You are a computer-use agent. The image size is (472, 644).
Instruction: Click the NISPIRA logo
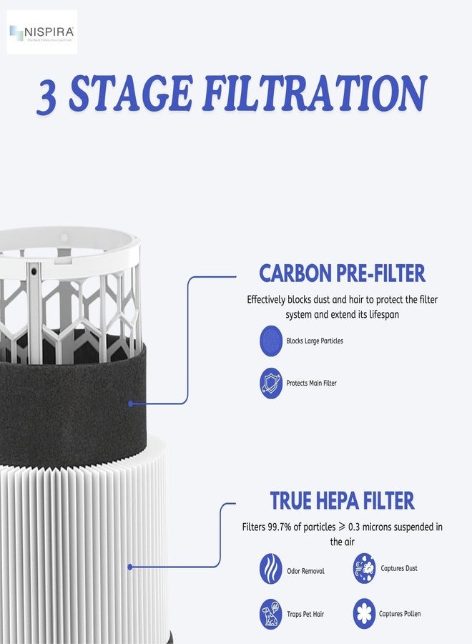[41, 32]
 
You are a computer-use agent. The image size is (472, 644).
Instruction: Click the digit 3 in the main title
[48, 97]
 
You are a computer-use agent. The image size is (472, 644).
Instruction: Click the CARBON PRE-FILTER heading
[342, 273]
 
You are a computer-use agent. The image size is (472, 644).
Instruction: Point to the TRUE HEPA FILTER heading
[342, 500]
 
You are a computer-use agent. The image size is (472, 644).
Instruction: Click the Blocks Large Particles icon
[271, 341]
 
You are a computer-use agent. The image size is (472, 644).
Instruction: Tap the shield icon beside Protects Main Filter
[271, 383]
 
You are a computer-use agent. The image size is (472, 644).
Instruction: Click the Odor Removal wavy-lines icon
[271, 570]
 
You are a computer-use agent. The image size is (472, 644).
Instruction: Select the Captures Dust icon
[364, 568]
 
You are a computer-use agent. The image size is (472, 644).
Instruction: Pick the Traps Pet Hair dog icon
[271, 614]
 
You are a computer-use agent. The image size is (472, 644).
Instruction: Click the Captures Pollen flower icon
[364, 614]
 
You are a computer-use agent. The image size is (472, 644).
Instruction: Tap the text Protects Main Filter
[311, 384]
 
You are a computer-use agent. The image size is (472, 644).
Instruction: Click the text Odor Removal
[305, 571]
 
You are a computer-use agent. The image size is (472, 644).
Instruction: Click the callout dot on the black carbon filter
[131, 404]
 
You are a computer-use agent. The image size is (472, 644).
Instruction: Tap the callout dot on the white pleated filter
[130, 567]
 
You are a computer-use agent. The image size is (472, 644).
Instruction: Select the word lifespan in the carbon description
[380, 315]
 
